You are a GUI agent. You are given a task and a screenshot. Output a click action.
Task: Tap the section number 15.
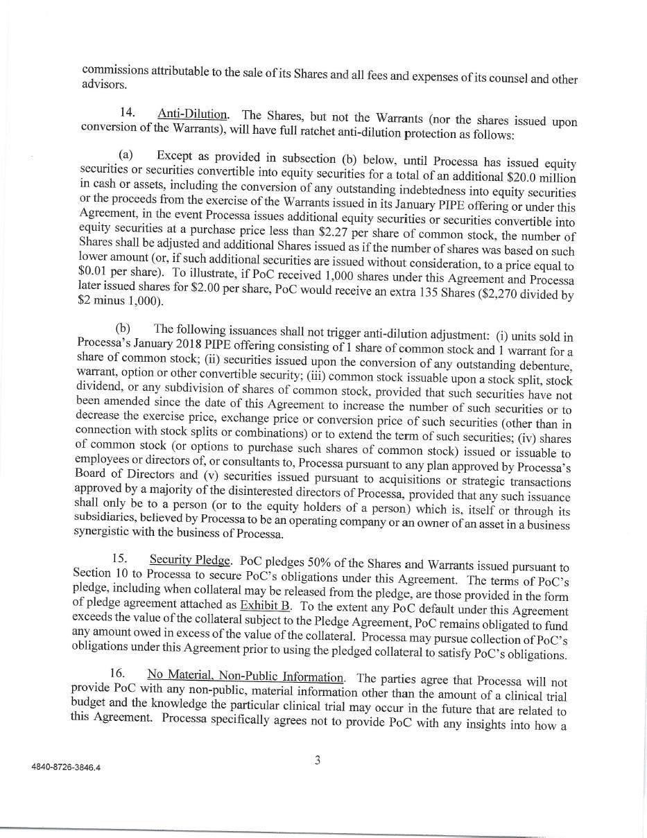[x=120, y=558]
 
